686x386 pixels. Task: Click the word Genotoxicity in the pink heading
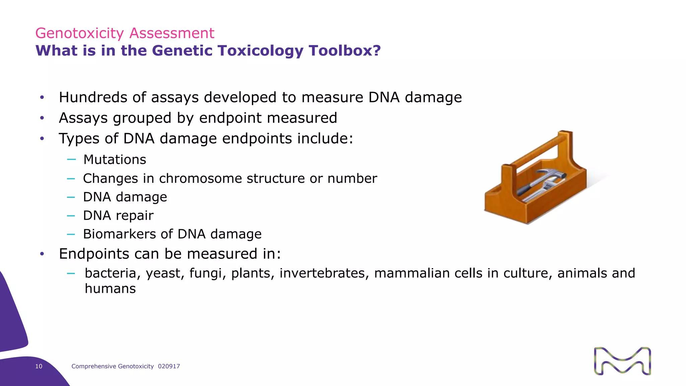tap(79, 34)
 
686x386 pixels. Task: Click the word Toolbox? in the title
tap(345, 51)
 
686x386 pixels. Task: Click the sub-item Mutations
tap(115, 159)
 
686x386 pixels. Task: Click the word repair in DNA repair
tap(135, 216)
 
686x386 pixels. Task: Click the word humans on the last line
tap(110, 289)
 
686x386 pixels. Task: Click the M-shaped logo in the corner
tap(622, 361)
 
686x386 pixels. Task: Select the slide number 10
tap(39, 367)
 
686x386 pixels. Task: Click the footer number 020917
tap(169, 367)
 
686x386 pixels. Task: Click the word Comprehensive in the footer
tap(93, 367)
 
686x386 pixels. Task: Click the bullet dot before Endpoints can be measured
tap(42, 254)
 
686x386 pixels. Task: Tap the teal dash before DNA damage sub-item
tap(71, 197)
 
